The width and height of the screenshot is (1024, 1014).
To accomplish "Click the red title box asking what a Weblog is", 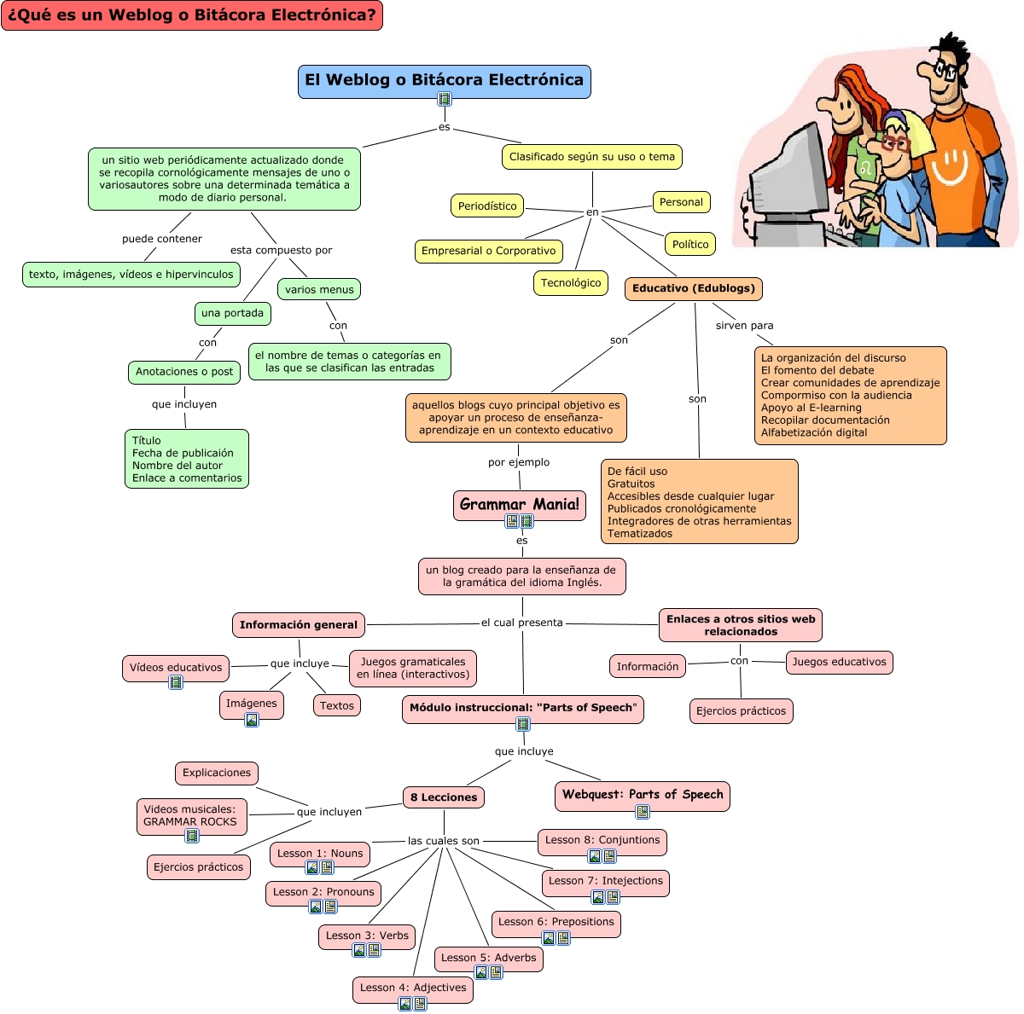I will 192,15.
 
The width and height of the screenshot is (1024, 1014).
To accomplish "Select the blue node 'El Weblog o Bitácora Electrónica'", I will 444,80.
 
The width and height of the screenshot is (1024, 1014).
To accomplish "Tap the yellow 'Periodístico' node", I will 487,206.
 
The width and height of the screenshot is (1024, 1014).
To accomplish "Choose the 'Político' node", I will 690,244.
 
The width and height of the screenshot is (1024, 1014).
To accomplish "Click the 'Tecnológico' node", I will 571,283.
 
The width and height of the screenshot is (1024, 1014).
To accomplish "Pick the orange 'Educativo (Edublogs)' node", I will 693,288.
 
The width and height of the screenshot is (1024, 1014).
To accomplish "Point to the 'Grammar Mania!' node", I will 519,504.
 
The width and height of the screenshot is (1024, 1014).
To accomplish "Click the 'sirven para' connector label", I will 744,325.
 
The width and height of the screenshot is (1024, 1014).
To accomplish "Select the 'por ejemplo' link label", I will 519,462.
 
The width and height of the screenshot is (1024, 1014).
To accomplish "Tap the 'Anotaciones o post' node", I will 184,372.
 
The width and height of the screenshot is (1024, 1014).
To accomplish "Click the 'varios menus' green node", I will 319,290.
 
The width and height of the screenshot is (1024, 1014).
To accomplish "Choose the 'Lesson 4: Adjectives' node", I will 413,988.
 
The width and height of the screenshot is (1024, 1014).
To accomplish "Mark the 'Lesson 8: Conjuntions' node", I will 602,840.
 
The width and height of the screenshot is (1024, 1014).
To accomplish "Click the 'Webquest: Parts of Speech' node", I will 642,795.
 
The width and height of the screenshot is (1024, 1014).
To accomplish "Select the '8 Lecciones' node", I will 444,797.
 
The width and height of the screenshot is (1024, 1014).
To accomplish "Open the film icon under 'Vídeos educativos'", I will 176,682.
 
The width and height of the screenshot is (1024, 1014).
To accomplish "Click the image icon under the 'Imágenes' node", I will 252,720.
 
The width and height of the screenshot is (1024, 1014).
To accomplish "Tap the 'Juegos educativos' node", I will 839,662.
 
